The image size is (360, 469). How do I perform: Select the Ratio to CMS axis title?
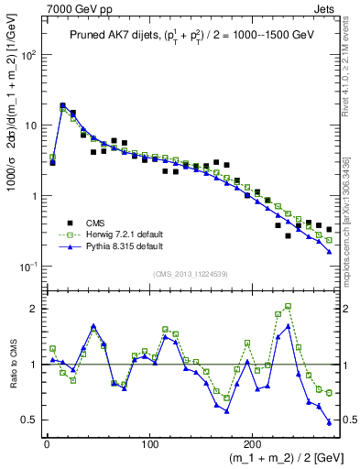click(x=12, y=365)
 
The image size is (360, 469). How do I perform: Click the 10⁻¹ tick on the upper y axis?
click(x=28, y=267)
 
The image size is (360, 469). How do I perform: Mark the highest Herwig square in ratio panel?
click(x=289, y=307)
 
